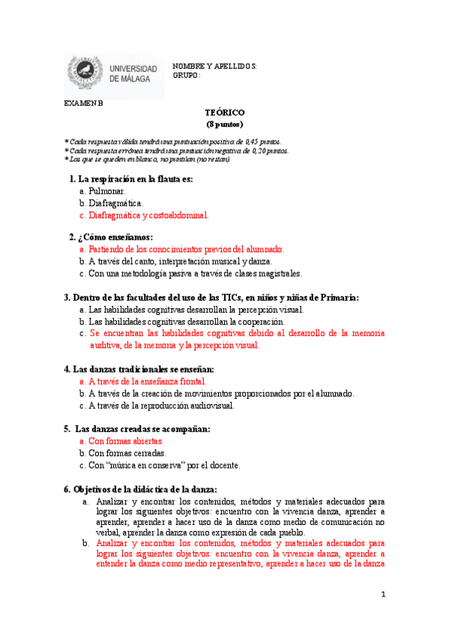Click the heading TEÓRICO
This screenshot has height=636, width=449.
click(224, 112)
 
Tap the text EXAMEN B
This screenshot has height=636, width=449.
click(83, 103)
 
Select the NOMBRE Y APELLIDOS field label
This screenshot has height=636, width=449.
click(214, 66)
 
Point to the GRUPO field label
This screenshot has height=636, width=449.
click(187, 75)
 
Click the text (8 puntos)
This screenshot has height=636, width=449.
click(224, 124)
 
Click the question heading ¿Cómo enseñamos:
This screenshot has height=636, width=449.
click(115, 237)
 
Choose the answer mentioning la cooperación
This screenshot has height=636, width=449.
click(187, 322)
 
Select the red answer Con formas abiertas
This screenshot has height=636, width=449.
click(125, 441)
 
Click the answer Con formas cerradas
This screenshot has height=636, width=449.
click(127, 453)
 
